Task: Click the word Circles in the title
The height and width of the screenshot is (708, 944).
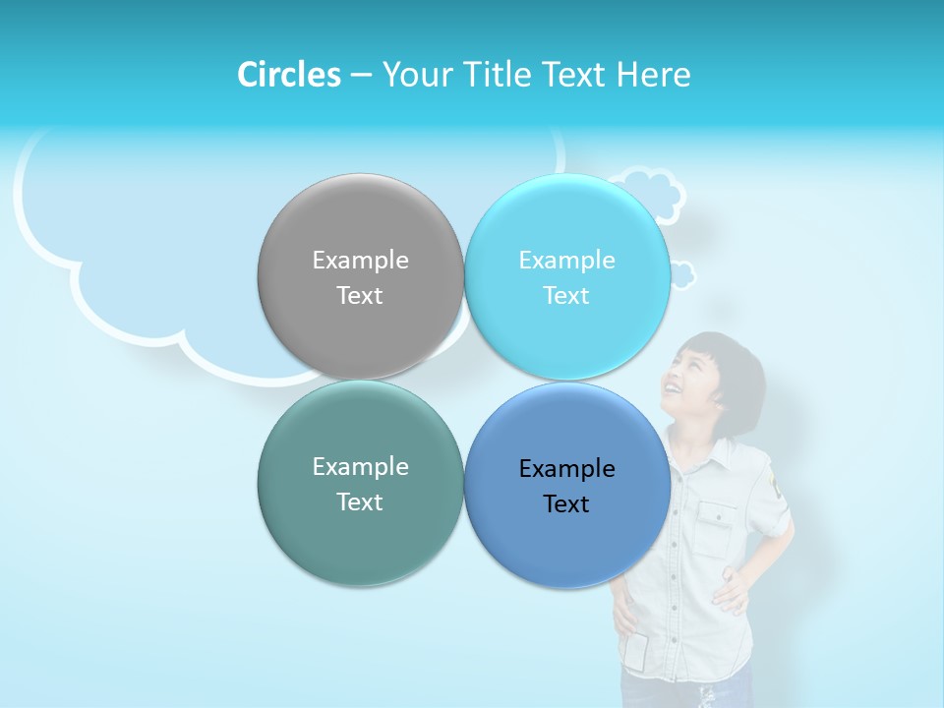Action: pos(289,75)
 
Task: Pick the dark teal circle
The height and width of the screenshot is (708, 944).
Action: pos(360,536)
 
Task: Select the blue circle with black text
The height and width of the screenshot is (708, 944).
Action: pos(566,541)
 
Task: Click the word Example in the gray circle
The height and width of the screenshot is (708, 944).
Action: pos(360,261)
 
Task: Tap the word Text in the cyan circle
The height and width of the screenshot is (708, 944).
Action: pos(566,296)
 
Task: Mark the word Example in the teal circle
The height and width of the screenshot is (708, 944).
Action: pos(360,467)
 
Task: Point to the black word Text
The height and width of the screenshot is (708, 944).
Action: pos(566,504)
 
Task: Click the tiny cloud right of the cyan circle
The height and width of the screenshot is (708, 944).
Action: pos(682,274)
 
